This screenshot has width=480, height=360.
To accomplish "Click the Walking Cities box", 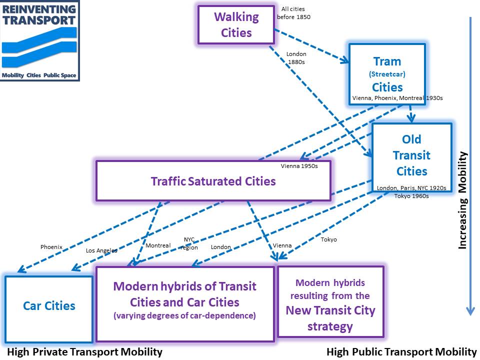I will click(x=236, y=24).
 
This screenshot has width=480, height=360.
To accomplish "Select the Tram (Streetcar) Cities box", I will click(x=386, y=74).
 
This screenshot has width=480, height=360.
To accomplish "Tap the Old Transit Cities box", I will click(x=411, y=155).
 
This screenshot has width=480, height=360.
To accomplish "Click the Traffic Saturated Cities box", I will click(x=213, y=181).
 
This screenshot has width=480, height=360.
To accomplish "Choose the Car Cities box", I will click(x=49, y=306).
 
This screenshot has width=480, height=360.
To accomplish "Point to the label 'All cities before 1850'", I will click(x=293, y=13).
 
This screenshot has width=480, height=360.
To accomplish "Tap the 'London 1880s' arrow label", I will click(x=296, y=58).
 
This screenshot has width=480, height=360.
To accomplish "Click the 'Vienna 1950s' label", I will click(x=299, y=166).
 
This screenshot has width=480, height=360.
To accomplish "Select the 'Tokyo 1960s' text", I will click(x=411, y=196).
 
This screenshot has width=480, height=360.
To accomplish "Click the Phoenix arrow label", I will click(x=51, y=246).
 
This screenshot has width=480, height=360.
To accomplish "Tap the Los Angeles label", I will click(x=101, y=250).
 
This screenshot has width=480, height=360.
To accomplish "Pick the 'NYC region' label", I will click(x=189, y=243).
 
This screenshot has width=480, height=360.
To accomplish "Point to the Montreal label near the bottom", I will click(x=158, y=245).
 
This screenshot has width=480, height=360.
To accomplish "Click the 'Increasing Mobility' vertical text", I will click(x=462, y=200).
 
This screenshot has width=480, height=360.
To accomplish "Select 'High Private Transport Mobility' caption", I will click(x=84, y=352).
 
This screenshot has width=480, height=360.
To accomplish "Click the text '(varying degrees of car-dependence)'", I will click(x=184, y=316).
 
